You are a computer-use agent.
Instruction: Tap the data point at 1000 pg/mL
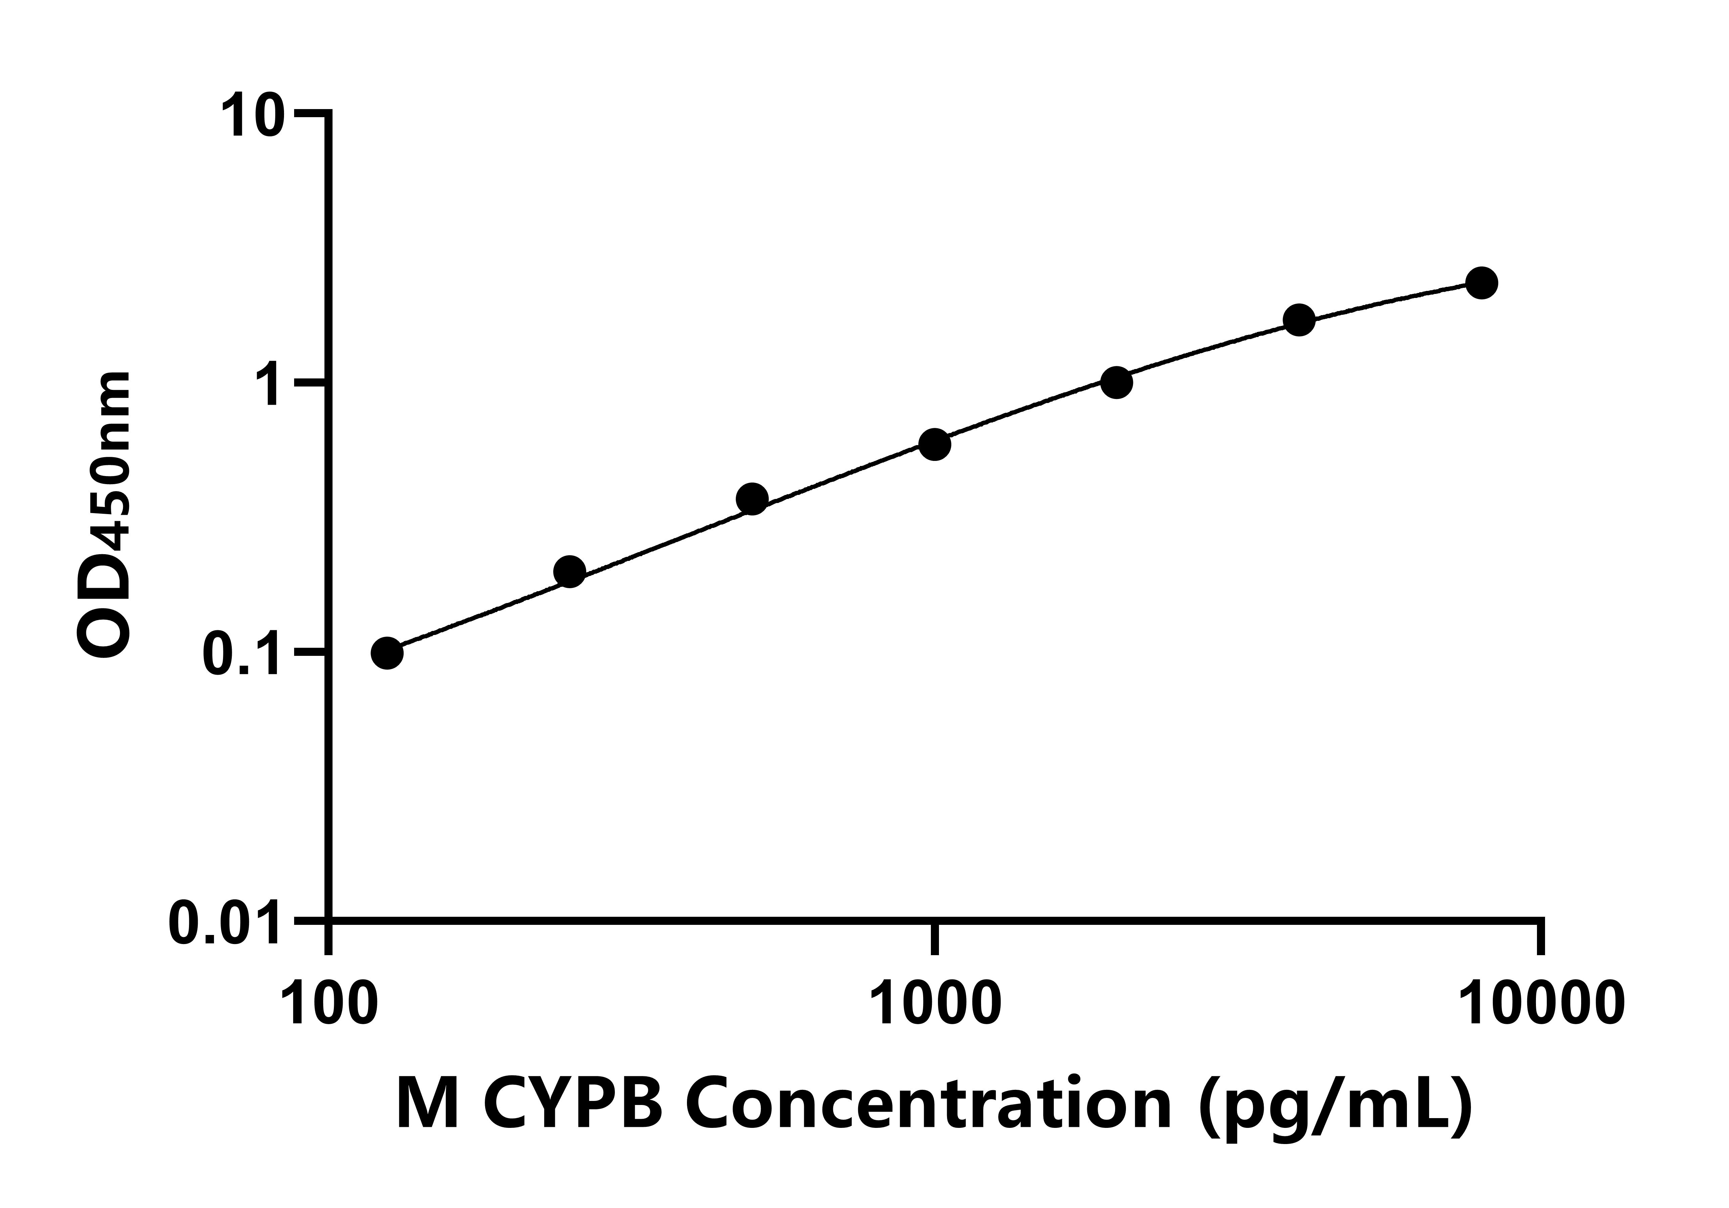coord(935,445)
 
